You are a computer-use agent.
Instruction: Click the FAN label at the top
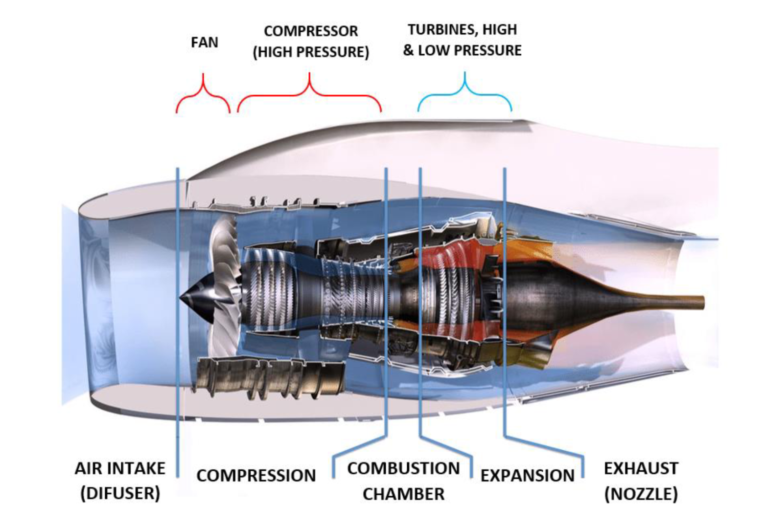pyautogui.click(x=204, y=43)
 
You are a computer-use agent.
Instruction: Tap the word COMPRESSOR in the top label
pyautogui.click(x=311, y=31)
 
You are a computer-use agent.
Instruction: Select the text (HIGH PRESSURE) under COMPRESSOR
pyautogui.click(x=311, y=52)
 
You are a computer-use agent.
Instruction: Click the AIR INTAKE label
pyautogui.click(x=120, y=468)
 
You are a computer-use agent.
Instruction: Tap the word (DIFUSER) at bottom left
pyautogui.click(x=120, y=493)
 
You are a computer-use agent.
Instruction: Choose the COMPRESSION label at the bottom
pyautogui.click(x=256, y=476)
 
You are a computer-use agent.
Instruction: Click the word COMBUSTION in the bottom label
pyautogui.click(x=403, y=468)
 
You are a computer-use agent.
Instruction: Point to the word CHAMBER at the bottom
pyautogui.click(x=403, y=494)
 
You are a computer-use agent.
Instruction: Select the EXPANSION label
pyautogui.click(x=527, y=476)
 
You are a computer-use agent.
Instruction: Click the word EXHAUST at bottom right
pyautogui.click(x=641, y=468)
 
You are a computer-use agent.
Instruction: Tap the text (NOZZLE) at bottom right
pyautogui.click(x=641, y=494)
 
